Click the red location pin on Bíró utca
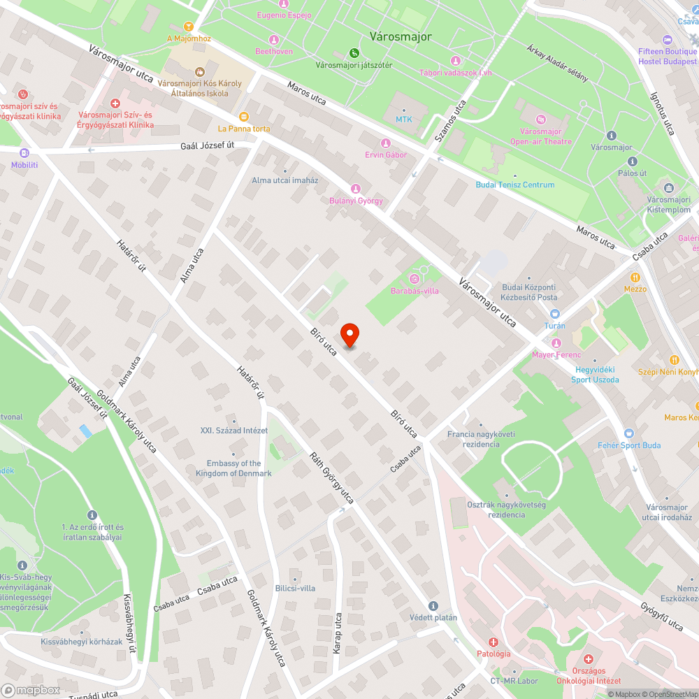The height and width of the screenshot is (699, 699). point(349,334)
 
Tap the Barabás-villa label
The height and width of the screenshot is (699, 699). point(415,291)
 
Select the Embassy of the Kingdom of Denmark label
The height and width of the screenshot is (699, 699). point(233,468)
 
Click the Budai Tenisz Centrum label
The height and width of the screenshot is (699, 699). point(515,185)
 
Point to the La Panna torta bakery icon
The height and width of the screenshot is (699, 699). point(243,117)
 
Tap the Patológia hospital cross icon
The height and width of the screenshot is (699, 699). point(493,642)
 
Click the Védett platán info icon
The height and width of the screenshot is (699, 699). point(433,605)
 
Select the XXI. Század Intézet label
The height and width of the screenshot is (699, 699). point(233,431)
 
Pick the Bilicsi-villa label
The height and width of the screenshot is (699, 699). point(295,588)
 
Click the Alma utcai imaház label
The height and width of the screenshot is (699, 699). point(284,180)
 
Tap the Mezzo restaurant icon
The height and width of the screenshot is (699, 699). point(635,277)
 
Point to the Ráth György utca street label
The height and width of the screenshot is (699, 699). point(333,478)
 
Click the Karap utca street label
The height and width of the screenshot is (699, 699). point(338,633)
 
